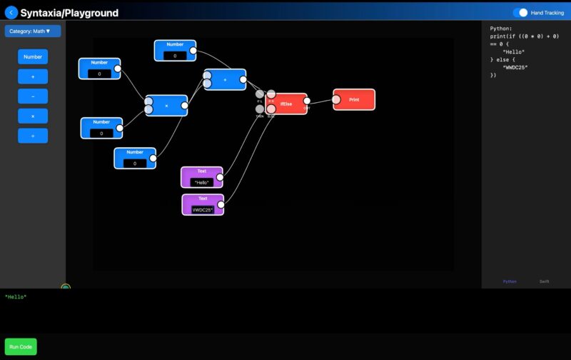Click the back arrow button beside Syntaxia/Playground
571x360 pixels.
pyautogui.click(x=11, y=12)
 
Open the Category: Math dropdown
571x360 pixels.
pyautogui.click(x=33, y=31)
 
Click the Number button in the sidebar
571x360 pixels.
pyautogui.click(x=33, y=56)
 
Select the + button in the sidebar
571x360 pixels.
pyautogui.click(x=33, y=76)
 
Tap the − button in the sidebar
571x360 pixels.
pyautogui.click(x=33, y=96)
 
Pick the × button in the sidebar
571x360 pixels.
pyautogui.click(x=33, y=116)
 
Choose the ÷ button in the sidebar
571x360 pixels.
pyautogui.click(x=33, y=136)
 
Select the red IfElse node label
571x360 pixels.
pyautogui.click(x=286, y=104)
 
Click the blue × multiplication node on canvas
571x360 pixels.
pyautogui.click(x=166, y=106)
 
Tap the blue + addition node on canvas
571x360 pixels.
pyautogui.click(x=225, y=80)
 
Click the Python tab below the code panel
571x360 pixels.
pyautogui.click(x=510, y=281)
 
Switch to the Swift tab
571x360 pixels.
pyautogui.click(x=544, y=281)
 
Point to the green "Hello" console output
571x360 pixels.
pyautogui.click(x=16, y=296)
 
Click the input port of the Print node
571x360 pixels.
pyautogui.click(x=336, y=99)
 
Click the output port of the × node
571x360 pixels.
pyautogui.click(x=185, y=106)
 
